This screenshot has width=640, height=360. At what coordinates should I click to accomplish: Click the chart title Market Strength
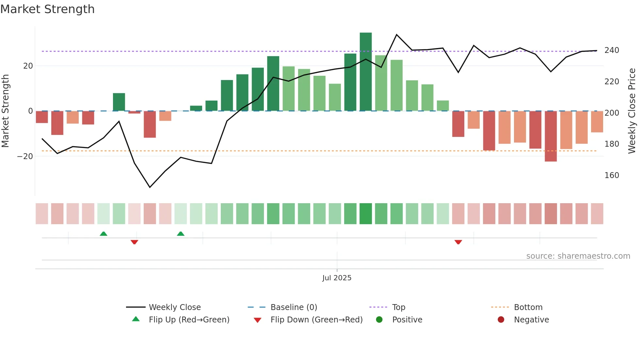(x=47, y=9)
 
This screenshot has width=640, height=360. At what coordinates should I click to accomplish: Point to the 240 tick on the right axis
(x=612, y=50)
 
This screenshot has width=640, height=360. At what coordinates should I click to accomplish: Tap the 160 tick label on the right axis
(x=612, y=175)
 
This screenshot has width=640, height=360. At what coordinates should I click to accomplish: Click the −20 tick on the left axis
(x=25, y=156)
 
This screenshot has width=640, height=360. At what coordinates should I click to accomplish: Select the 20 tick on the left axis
(x=28, y=66)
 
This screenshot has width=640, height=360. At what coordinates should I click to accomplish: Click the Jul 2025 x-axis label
(x=337, y=278)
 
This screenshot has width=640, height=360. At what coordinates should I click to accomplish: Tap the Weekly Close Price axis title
(x=632, y=111)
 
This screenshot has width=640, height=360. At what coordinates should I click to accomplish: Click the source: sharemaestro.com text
(x=578, y=256)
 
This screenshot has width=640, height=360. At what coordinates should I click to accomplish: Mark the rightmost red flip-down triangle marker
(x=458, y=242)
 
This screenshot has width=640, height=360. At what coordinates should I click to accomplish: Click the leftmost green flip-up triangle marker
(x=104, y=234)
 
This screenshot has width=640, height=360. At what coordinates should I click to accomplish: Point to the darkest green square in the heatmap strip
(x=365, y=214)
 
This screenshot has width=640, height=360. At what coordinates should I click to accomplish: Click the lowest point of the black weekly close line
(x=150, y=187)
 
